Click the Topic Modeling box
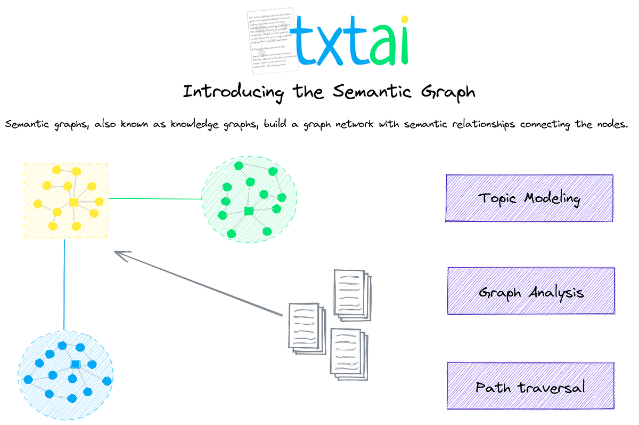[x=529, y=198]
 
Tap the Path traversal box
[x=530, y=386]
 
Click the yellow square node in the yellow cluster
[x=73, y=202]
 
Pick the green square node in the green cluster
[x=248, y=211]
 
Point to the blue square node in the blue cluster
[x=75, y=364]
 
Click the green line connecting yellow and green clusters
[x=154, y=198]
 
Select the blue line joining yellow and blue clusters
[x=64, y=285]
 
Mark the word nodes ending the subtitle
[x=612, y=124]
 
